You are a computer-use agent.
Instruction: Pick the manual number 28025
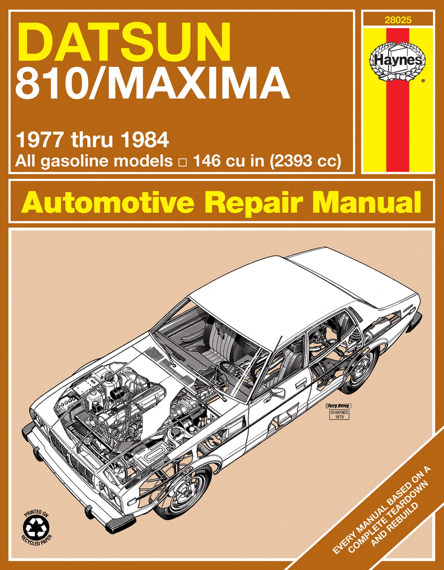[x=398, y=20]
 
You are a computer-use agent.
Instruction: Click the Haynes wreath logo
[x=398, y=61]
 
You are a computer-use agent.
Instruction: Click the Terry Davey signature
[x=338, y=406]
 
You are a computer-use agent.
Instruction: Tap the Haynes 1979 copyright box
[x=339, y=414]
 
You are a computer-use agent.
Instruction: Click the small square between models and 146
[x=183, y=163]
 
